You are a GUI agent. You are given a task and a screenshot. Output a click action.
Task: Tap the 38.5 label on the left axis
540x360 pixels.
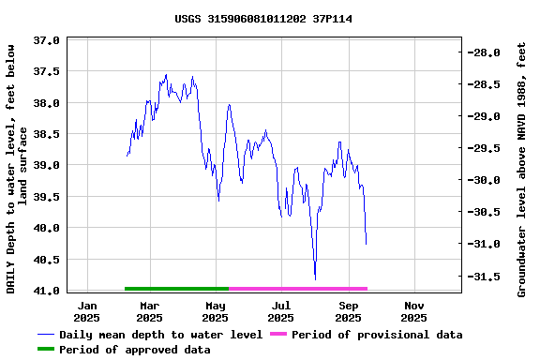47,134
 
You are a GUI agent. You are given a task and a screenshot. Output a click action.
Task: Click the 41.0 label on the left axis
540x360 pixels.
47,291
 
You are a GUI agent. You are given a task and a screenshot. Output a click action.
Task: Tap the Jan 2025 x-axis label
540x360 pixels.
87,311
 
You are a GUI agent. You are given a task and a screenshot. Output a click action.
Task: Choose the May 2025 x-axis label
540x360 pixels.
216,311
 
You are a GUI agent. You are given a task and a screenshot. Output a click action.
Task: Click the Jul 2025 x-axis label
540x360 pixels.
281,311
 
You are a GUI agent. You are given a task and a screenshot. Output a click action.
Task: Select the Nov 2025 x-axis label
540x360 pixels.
413,311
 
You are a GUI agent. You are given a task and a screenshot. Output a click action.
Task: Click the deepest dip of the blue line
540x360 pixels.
315,278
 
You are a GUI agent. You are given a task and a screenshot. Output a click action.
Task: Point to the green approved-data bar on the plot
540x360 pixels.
176,289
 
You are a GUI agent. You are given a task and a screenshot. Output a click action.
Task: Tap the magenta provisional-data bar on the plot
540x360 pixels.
298,289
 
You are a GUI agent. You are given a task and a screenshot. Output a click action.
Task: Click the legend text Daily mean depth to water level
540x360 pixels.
160,335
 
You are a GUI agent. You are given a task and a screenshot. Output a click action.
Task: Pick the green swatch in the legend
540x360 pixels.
46,350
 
